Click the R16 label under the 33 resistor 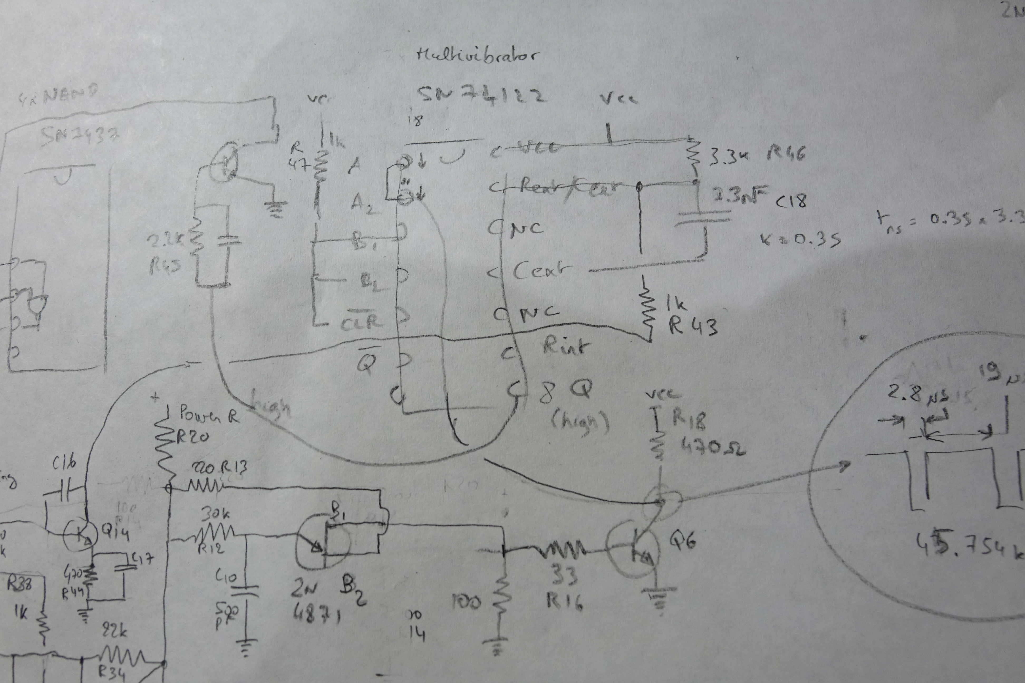point(565,602)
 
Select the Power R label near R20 point(209,416)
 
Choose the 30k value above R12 point(216,514)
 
